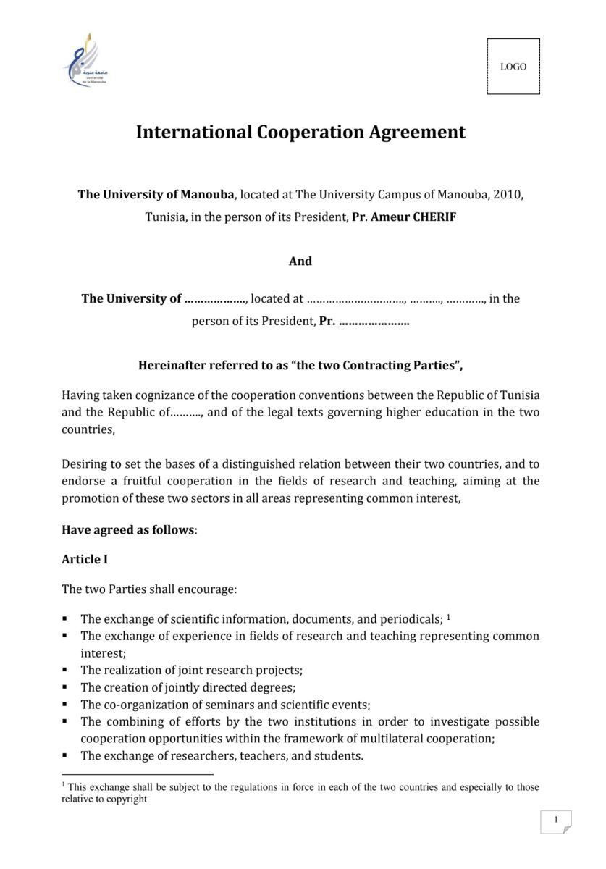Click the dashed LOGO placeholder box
[513, 67]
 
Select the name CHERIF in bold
[434, 217]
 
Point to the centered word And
[300, 261]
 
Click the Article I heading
[85, 560]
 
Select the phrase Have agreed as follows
[127, 530]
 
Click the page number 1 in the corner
[556, 820]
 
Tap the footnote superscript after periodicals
[449, 617]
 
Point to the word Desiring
[85, 464]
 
